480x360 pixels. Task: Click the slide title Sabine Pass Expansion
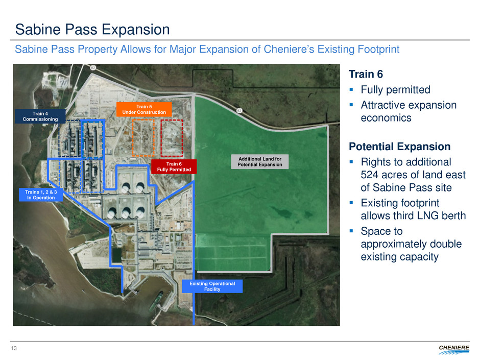point(92,30)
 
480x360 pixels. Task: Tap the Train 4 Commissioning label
point(40,116)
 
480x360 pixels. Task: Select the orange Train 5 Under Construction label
point(144,109)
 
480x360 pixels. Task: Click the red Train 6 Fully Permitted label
point(174,166)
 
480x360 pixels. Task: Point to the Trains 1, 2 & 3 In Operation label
point(41,195)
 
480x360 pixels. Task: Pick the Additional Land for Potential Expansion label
point(260,162)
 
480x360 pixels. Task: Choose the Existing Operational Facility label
point(212,286)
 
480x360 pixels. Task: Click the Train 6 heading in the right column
point(366,74)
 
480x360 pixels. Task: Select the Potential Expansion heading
point(399,147)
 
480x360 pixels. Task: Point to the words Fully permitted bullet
point(396,90)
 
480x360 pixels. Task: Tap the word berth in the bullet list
point(453,215)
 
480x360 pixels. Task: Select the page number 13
point(14,348)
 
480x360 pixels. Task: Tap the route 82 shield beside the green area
point(239,110)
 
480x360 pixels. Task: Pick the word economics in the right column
point(386,118)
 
